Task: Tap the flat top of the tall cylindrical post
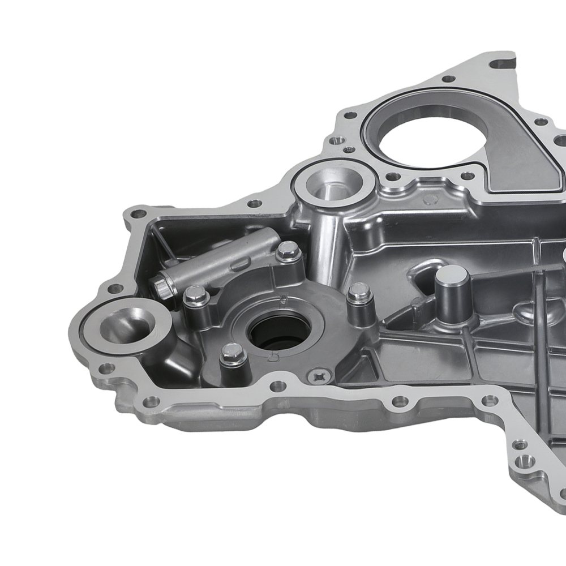pos(452,276)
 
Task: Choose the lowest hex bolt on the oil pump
pos(233,353)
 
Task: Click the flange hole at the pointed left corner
pos(136,215)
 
